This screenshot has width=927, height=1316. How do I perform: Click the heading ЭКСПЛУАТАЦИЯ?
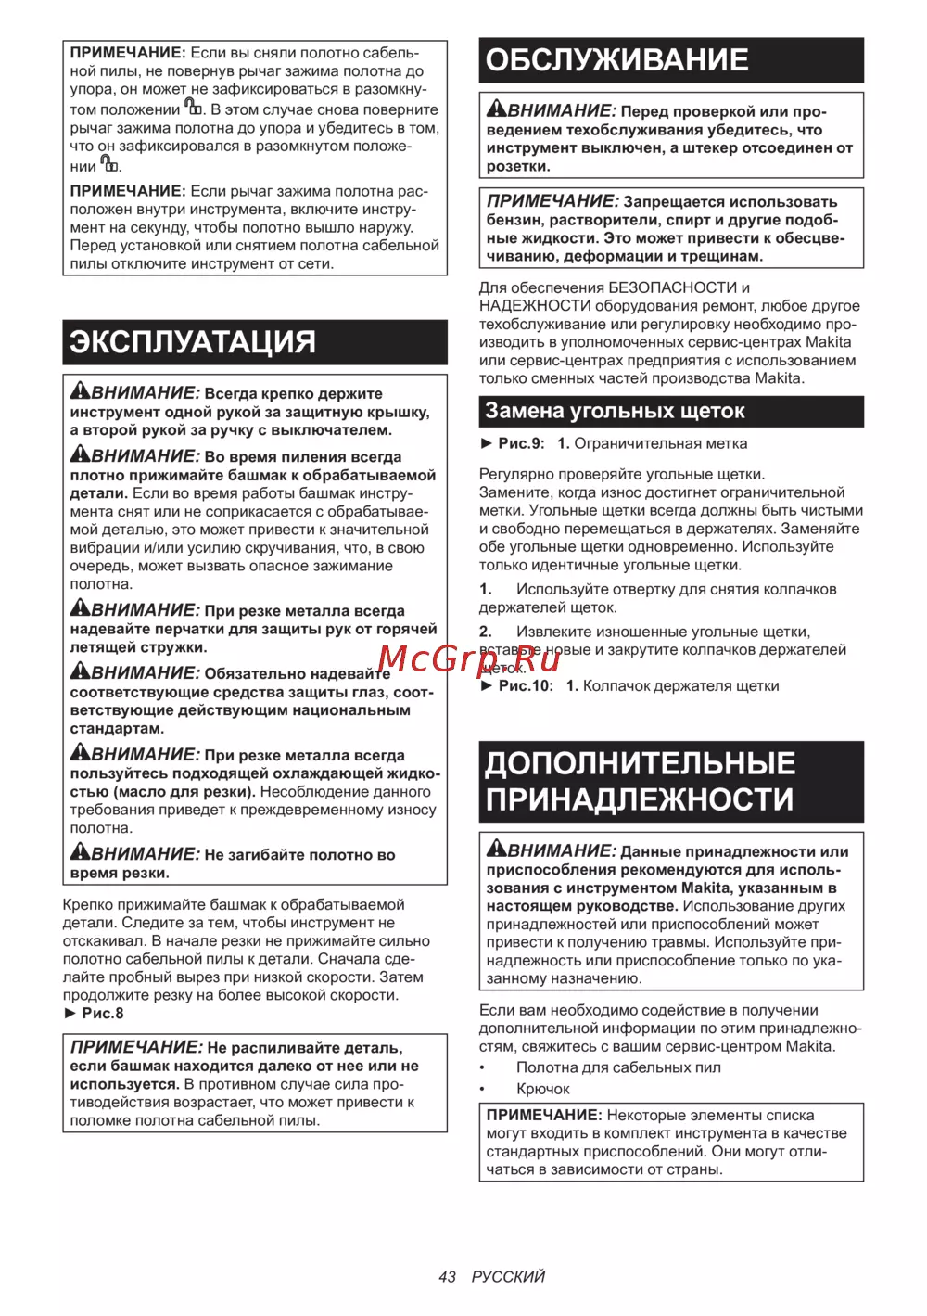[193, 342]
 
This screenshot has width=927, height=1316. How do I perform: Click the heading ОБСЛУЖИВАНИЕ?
[616, 60]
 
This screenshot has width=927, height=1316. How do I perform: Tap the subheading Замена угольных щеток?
[615, 411]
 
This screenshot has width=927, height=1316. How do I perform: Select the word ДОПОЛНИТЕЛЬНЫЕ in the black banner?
[641, 763]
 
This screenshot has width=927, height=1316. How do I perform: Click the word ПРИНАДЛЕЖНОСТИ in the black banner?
[640, 799]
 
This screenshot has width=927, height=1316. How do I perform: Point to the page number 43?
[447, 1277]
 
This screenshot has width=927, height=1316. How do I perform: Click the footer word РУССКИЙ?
[508, 1277]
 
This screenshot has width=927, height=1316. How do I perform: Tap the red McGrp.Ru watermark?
[469, 659]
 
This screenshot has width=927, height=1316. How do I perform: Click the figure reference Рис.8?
[102, 1014]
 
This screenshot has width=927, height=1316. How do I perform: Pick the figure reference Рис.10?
[526, 686]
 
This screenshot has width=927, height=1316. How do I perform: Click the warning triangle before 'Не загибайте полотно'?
[81, 852]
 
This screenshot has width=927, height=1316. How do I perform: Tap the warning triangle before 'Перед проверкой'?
[497, 109]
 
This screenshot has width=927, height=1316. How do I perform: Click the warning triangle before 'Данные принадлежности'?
[497, 849]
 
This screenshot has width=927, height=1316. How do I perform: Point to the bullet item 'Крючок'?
[543, 1090]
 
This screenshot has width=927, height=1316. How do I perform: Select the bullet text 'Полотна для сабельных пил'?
[618, 1067]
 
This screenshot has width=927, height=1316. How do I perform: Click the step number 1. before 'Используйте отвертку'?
[485, 590]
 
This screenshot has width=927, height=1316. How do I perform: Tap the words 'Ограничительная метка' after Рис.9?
[660, 444]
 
